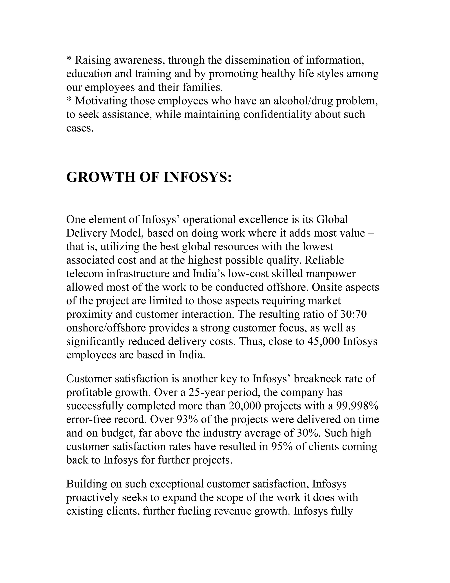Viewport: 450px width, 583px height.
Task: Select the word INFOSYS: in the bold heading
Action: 197,177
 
